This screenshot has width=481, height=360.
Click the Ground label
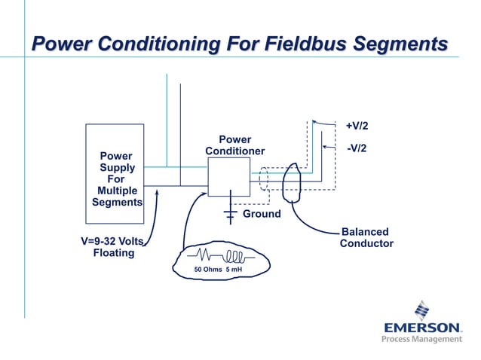[261, 214]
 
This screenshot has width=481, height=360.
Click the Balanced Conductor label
[366, 238]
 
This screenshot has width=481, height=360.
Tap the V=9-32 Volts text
[112, 242]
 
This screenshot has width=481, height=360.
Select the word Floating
[113, 253]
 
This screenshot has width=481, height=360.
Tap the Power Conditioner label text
[234, 145]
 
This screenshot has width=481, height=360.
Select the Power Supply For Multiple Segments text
[116, 179]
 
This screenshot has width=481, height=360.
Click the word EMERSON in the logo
[422, 328]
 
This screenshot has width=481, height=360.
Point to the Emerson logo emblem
[421, 310]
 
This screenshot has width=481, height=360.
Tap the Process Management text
[421, 340]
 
